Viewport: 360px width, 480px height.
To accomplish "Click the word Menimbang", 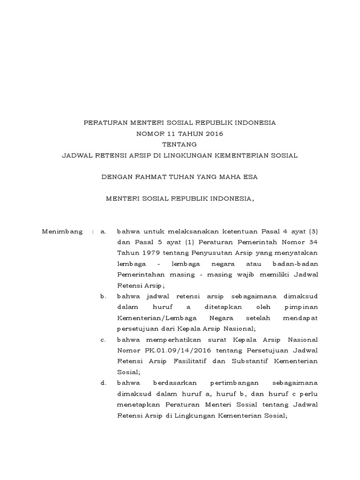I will coord(62,232).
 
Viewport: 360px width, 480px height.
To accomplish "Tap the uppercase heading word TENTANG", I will coord(180,144).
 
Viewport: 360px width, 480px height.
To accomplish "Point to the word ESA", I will coord(250,177).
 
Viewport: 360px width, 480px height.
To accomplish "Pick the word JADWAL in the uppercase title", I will coord(80,155).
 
